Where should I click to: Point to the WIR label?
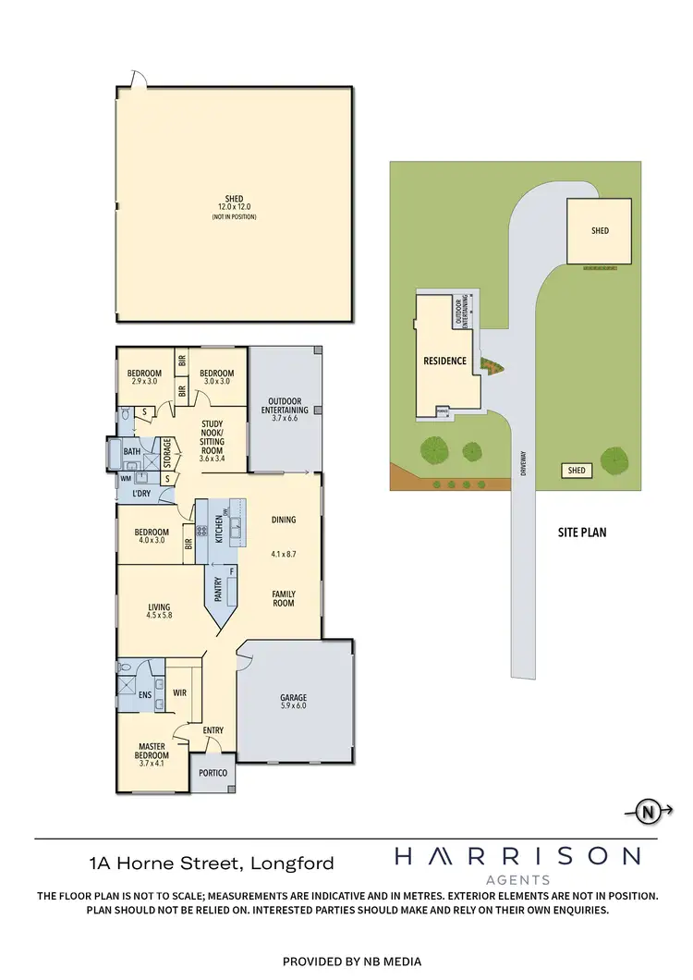(180, 692)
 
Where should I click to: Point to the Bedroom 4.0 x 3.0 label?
(151, 536)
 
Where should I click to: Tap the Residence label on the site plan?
(444, 361)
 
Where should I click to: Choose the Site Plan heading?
(581, 533)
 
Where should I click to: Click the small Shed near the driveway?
(577, 471)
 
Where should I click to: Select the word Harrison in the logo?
(517, 857)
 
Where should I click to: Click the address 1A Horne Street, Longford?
(212, 864)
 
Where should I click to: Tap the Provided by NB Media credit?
(346, 961)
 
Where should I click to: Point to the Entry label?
(213, 730)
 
